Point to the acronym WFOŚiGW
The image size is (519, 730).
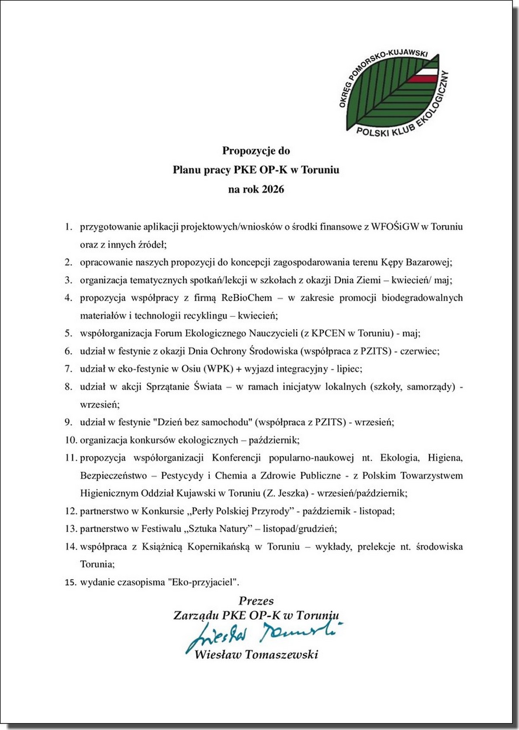395,226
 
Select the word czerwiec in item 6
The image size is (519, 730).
419,351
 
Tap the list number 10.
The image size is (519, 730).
70,440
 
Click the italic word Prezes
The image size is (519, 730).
256,601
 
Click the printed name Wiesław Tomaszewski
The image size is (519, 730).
256,654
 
